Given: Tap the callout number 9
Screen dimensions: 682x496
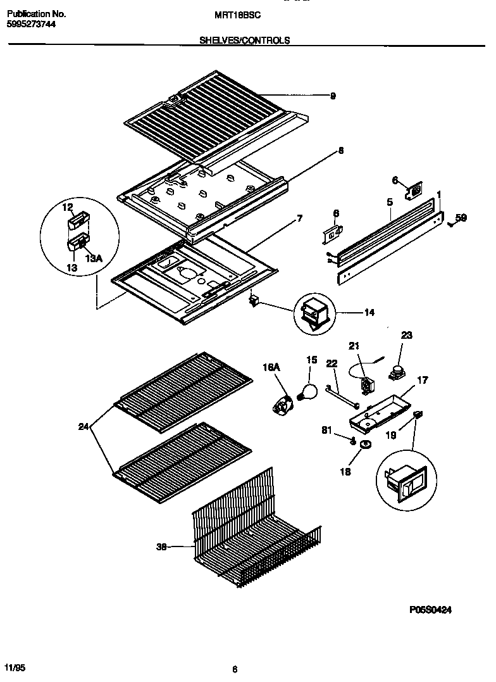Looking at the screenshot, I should tap(332, 96).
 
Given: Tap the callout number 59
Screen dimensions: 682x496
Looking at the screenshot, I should tap(461, 218).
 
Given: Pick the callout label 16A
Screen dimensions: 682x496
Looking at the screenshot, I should tap(271, 367).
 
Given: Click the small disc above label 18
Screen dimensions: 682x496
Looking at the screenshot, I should tap(364, 446).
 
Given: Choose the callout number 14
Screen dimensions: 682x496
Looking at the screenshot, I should tap(369, 312).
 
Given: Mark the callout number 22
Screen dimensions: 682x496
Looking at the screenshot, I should tap(332, 363).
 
